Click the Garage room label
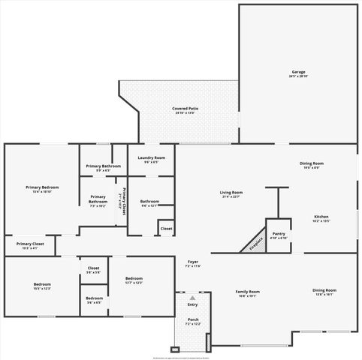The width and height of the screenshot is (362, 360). (x=298, y=72)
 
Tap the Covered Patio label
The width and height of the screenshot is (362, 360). (x=185, y=109)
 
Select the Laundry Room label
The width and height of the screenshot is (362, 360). (x=151, y=157)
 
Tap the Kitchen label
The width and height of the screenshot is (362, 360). (x=321, y=217)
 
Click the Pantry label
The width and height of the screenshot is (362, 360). (x=279, y=234)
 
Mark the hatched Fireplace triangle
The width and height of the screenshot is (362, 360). (x=254, y=244)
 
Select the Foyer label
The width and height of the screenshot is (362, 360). (x=193, y=262)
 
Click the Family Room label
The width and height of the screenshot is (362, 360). (x=247, y=291)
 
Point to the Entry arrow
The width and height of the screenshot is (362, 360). (x=193, y=298)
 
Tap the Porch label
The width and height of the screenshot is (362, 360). (x=193, y=320)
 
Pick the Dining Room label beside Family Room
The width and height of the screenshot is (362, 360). (x=324, y=290)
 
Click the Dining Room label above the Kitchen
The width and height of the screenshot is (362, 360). (x=312, y=163)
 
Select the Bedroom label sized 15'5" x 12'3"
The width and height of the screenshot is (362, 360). (x=42, y=284)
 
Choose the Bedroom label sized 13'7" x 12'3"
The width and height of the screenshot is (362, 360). (x=134, y=279)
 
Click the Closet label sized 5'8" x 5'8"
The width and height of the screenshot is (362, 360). (x=94, y=268)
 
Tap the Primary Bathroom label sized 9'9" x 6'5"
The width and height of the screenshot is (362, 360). (x=104, y=166)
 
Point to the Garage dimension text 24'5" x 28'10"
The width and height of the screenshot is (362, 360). (x=298, y=76)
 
